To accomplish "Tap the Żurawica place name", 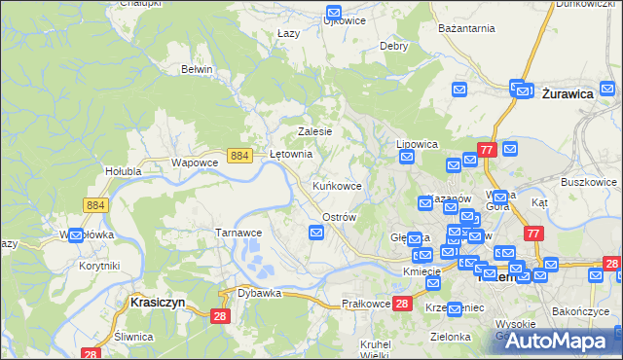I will point(568,93).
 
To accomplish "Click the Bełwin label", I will point(197,69).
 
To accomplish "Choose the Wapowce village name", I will point(192,162).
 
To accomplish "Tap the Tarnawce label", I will point(238,233).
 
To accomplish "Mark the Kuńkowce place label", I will point(337,185).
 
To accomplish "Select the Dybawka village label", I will point(259,293).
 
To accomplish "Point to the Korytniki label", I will point(99,266).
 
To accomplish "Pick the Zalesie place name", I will point(314,131).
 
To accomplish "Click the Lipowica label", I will point(418,144).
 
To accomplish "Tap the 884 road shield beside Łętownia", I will point(240,155).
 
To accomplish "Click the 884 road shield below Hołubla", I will point(95,204).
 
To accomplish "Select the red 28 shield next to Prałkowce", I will point(404,304).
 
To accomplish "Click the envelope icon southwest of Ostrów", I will point(316,232).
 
